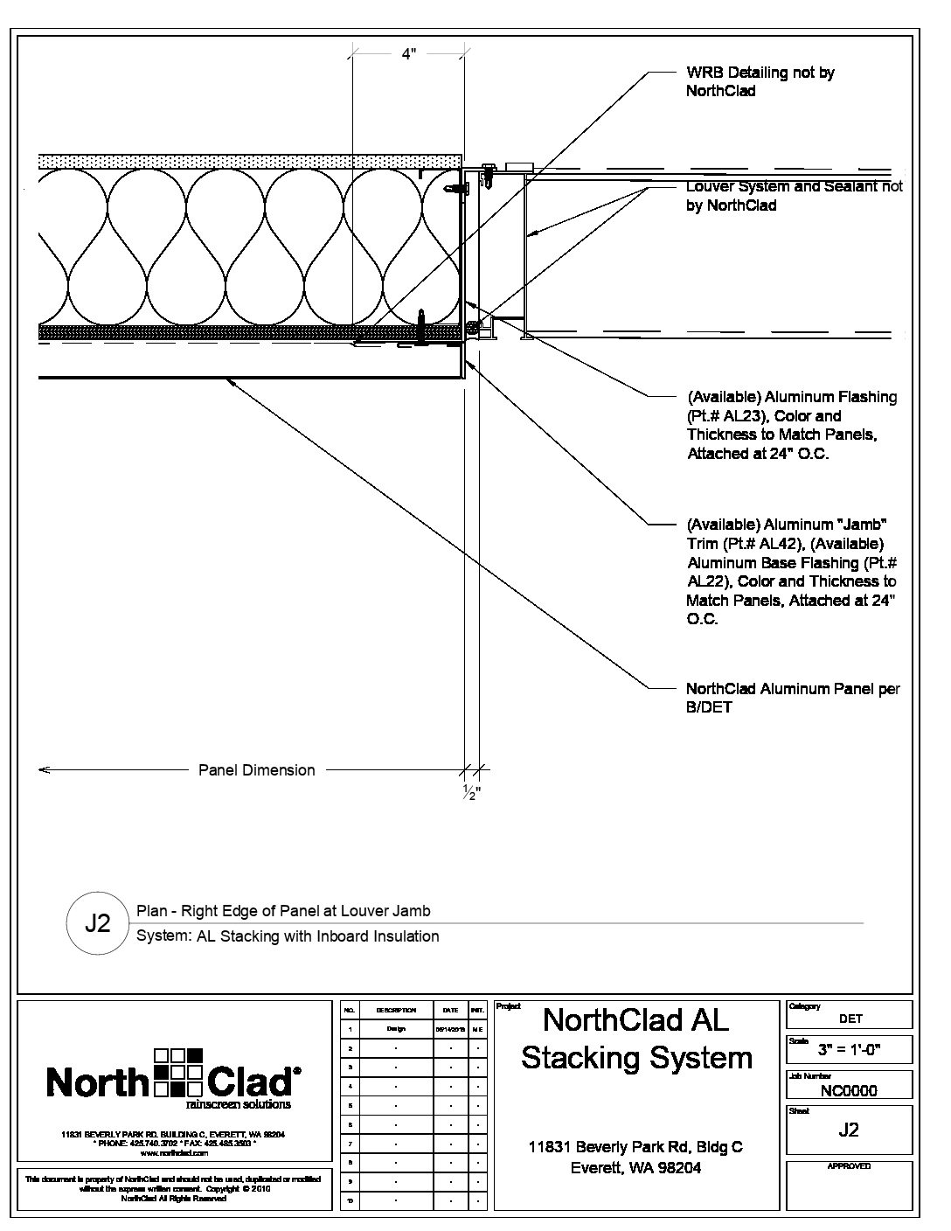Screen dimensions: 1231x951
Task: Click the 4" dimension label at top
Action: tap(408, 54)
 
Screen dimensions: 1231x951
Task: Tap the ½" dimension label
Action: tap(471, 793)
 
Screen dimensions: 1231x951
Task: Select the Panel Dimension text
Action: tap(256, 770)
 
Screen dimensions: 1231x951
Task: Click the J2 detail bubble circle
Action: tap(98, 923)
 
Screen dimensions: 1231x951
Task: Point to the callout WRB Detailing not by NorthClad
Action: tap(760, 81)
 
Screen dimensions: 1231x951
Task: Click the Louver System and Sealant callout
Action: tap(794, 196)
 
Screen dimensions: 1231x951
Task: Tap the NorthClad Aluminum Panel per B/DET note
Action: tap(792, 698)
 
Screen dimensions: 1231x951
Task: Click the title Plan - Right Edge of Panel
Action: tap(283, 911)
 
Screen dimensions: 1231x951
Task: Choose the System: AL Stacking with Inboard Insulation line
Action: tap(288, 936)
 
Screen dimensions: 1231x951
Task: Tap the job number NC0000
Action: tap(849, 1090)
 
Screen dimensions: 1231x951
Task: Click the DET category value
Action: tap(850, 1019)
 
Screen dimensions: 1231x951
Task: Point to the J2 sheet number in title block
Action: tap(849, 1130)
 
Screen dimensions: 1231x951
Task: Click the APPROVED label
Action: tap(849, 1166)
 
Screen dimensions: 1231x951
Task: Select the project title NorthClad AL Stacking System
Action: tap(636, 1039)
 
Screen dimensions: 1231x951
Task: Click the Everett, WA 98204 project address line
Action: tap(635, 1167)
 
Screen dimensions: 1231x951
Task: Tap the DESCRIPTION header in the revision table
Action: tap(396, 1010)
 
